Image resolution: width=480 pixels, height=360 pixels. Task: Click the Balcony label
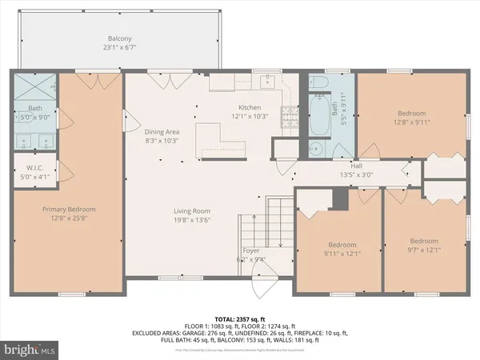click(119, 38)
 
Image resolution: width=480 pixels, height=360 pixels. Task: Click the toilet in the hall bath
click(318, 83)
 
